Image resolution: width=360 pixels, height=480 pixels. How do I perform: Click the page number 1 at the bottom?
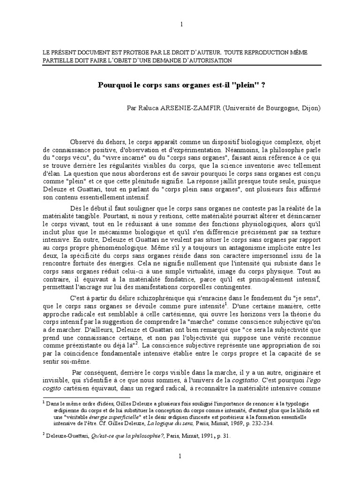coord(180,456)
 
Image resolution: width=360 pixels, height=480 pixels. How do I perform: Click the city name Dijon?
coord(310,107)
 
